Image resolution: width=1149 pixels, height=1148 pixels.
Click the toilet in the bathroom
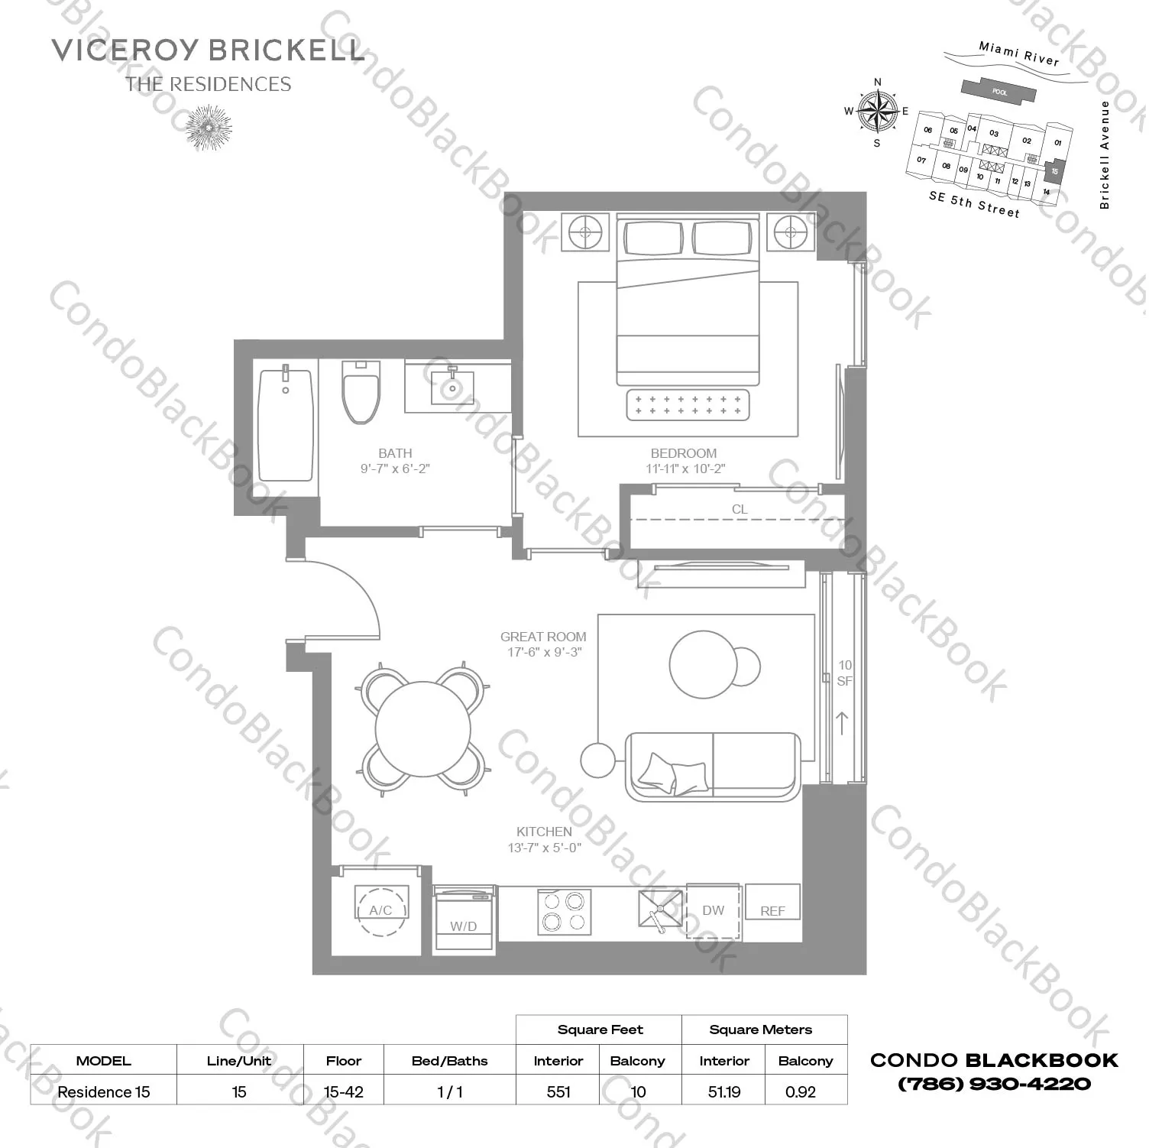point(361,393)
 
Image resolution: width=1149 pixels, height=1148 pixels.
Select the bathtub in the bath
point(286,425)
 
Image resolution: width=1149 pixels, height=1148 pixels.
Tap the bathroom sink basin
point(452,388)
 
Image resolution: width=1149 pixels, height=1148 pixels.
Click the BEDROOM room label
point(684,453)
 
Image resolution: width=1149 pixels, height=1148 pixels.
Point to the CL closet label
point(739,509)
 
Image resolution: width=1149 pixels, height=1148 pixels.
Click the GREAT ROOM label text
point(543,637)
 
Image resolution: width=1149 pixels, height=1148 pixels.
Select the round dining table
point(423,728)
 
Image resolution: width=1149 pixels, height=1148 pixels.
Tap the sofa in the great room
point(712,767)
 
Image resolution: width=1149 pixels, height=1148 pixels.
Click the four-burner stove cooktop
point(564,912)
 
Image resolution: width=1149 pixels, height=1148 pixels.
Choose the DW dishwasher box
point(713,910)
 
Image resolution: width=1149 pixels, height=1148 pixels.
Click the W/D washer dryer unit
point(463,920)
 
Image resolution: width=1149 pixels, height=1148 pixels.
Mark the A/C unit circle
point(381,910)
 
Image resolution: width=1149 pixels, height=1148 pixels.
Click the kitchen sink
point(660,910)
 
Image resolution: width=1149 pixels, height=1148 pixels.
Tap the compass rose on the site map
point(877,112)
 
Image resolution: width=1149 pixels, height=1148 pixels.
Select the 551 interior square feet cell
point(558,1091)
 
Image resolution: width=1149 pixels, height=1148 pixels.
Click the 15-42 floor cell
point(344,1091)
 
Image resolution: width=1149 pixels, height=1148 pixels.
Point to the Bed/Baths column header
point(449,1061)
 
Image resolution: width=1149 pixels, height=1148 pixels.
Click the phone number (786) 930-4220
point(994,1084)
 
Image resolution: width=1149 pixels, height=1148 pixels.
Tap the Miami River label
point(1019,54)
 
